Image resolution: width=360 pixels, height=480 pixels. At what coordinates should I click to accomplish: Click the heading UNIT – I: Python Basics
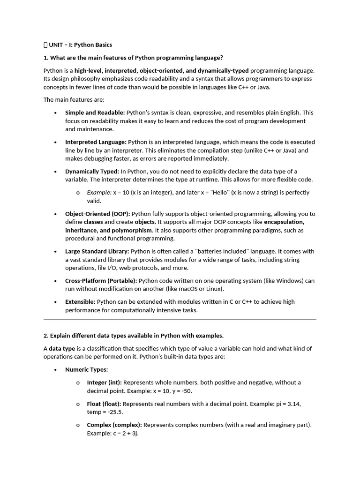(80, 45)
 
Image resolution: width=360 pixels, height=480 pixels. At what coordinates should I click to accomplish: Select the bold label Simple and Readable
(95, 112)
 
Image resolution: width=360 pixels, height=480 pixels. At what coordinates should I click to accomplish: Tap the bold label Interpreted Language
(96, 142)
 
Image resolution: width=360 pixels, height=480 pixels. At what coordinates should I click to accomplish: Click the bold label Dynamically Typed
(92, 172)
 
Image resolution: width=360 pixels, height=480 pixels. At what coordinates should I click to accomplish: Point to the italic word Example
(99, 193)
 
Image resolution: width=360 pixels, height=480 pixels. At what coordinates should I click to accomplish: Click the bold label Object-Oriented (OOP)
(97, 214)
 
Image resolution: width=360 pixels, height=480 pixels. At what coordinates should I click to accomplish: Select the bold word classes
(93, 222)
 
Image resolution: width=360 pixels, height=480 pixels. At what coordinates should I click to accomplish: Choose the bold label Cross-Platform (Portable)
(101, 281)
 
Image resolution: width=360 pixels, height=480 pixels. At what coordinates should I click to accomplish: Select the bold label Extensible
(80, 302)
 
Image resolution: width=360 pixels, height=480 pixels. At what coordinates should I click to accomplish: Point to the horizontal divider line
(180, 319)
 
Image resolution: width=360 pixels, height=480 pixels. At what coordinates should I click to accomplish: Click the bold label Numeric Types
(86, 370)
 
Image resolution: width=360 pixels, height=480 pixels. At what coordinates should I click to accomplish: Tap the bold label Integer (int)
(104, 382)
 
